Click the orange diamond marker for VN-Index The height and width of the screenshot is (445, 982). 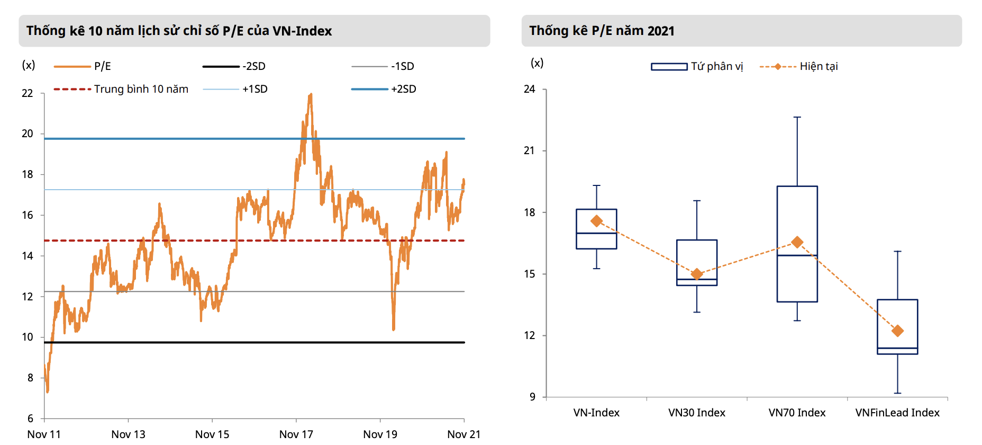[596, 221]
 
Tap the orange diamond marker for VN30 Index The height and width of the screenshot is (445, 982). [697, 274]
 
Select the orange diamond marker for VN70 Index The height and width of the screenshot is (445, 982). [797, 242]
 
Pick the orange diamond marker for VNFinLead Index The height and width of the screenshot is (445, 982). [897, 331]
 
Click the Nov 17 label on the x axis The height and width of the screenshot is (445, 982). [296, 434]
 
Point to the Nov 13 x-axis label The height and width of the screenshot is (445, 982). [128, 434]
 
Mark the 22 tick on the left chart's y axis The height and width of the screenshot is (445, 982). [28, 93]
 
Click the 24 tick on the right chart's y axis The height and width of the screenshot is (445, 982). [530, 89]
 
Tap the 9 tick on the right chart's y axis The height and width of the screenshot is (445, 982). [532, 397]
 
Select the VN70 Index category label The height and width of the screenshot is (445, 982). [797, 413]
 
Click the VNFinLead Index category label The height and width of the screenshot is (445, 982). [897, 413]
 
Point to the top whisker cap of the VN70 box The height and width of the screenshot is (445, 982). [797, 117]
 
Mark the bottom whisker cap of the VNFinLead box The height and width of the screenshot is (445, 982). [897, 393]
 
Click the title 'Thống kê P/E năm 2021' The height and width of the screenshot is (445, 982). [602, 31]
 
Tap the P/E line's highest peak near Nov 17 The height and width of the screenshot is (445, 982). [311, 94]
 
